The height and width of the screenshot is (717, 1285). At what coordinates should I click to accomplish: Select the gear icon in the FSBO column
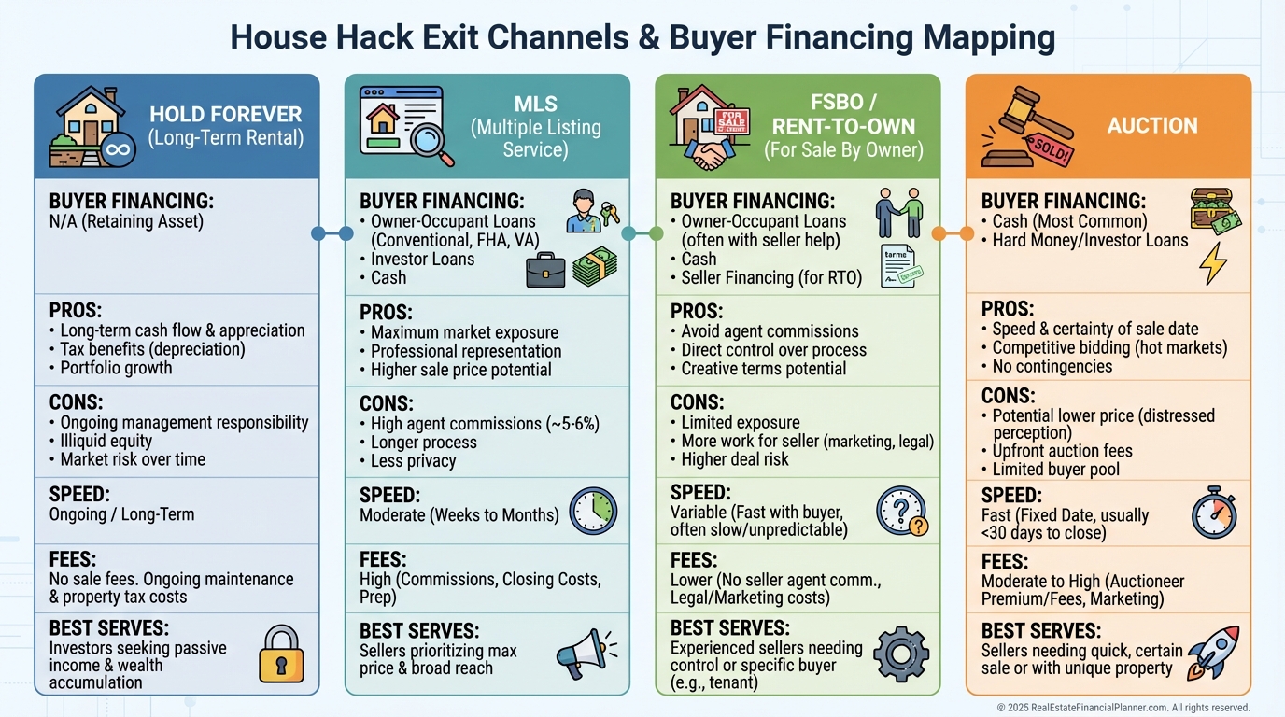pyautogui.click(x=901, y=652)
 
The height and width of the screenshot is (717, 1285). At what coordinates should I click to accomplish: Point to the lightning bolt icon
pyautogui.click(x=1212, y=263)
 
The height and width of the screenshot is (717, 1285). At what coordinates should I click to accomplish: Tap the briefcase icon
pyautogui.click(x=544, y=269)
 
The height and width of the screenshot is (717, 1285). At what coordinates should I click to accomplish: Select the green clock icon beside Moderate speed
pyautogui.click(x=593, y=511)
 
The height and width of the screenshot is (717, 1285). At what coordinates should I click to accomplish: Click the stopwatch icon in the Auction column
pyautogui.click(x=1214, y=512)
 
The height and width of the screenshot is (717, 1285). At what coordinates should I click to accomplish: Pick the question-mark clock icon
pyautogui.click(x=901, y=512)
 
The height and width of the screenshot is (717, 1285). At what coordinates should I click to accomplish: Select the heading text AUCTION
pyautogui.click(x=1151, y=126)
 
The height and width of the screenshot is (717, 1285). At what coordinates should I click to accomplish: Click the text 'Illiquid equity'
pyautogui.click(x=106, y=441)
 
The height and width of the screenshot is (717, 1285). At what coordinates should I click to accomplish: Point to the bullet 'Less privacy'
pyautogui.click(x=413, y=460)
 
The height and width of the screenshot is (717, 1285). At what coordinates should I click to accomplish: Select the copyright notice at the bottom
pyautogui.click(x=1123, y=708)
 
